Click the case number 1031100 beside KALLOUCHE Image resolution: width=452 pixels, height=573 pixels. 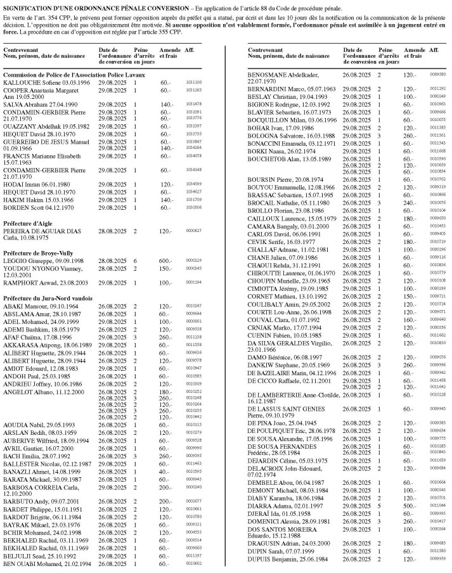193,82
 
